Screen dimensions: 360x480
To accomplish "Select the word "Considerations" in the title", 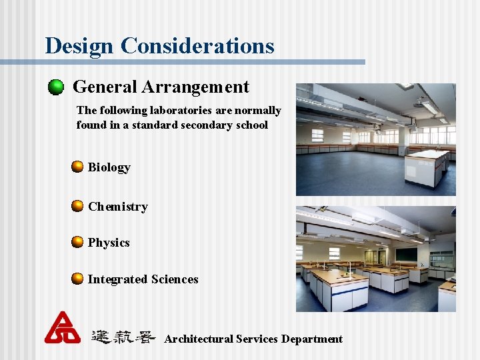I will tap(197, 45).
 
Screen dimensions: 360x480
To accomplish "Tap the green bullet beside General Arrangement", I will tap(56, 87).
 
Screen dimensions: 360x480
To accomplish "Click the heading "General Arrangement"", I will tap(161, 87).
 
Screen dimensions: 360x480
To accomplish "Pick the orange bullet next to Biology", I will tap(78, 167).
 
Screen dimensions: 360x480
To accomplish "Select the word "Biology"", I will tap(109, 167).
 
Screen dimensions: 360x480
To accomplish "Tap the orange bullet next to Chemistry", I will tap(78, 206).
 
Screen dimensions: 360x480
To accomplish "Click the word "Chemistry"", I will tap(117, 207).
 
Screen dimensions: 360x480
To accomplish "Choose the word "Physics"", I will tap(109, 243).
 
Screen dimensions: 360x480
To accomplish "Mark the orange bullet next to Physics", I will tap(78, 242).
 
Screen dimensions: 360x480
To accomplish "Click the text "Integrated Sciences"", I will tap(143, 279).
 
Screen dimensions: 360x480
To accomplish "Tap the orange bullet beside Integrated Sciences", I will tap(78, 279).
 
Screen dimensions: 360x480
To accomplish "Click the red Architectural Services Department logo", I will tap(62, 327).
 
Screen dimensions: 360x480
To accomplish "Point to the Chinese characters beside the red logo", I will tap(123, 337).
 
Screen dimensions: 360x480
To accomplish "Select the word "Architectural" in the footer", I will tap(197, 339).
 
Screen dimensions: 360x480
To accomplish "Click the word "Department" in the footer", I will tap(311, 339).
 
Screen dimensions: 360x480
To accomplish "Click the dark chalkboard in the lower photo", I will tap(406, 254).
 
